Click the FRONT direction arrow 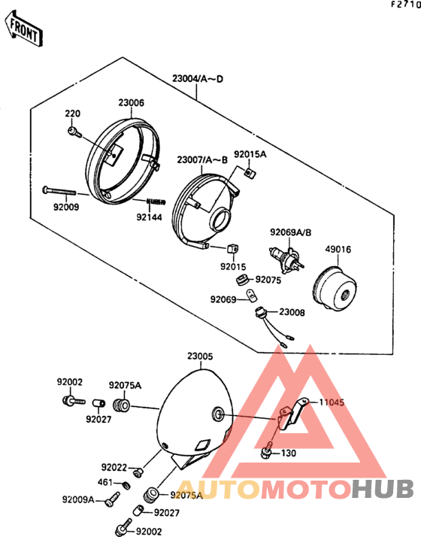pos(23,28)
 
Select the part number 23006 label pos(132,103)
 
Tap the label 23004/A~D pos(198,79)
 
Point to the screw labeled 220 pos(74,132)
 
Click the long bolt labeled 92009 pos(59,191)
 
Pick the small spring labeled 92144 pos(156,202)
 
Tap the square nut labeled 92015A pos(249,172)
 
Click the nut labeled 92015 pos(233,248)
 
